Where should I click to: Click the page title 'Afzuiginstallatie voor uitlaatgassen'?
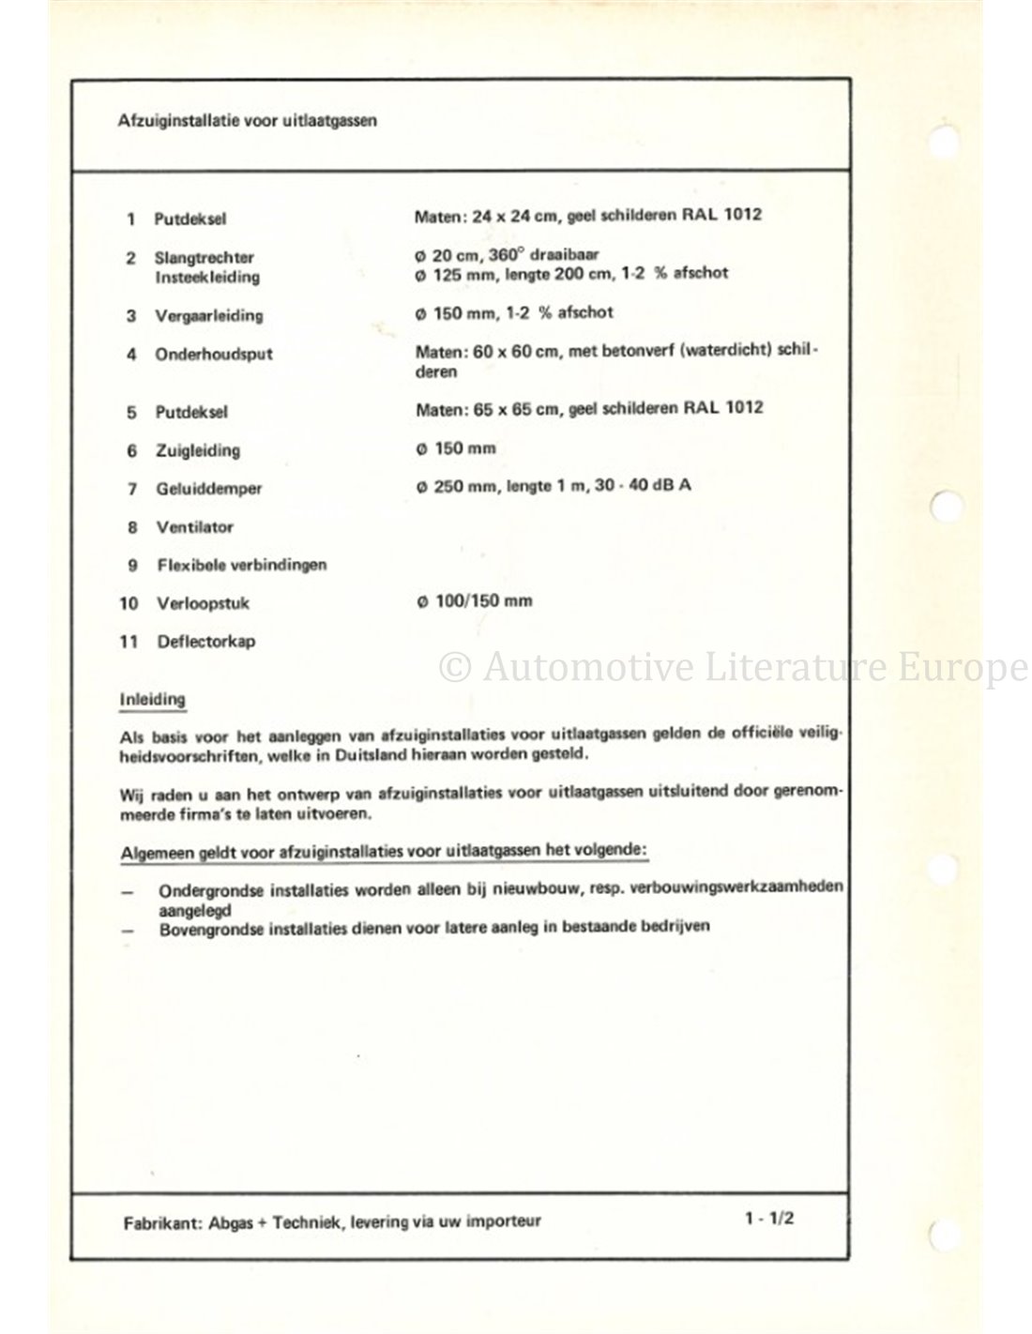[x=248, y=121]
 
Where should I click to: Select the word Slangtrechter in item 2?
[x=204, y=257]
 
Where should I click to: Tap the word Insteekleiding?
[x=206, y=277]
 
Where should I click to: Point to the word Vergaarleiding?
[x=208, y=315]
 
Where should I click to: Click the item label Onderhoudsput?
[x=213, y=355]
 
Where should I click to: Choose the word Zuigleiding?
[x=197, y=450]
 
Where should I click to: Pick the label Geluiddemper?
[x=208, y=489]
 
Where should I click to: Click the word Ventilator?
[x=194, y=527]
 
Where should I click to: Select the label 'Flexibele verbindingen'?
[x=241, y=565]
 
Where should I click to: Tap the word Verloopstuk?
[x=203, y=603]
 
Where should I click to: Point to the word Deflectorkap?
[x=206, y=642]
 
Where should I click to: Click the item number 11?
[x=129, y=642]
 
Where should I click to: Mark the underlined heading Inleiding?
[x=152, y=699]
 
